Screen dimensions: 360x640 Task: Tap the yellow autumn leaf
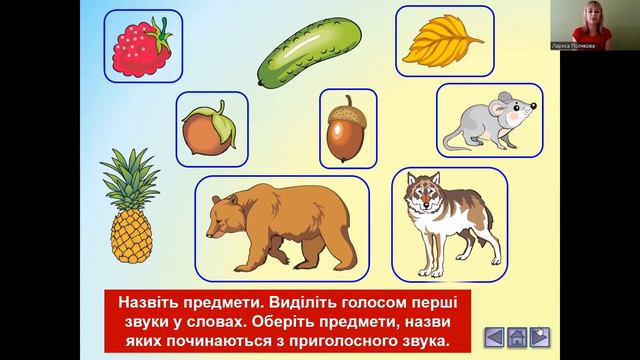pyautogui.click(x=445, y=40)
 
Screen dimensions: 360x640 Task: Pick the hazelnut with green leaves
pyautogui.click(x=209, y=130)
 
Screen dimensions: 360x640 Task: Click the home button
pyautogui.click(x=516, y=337)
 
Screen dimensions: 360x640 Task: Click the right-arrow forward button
pyautogui.click(x=539, y=337)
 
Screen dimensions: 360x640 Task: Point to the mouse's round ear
pyautogui.click(x=506, y=100)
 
